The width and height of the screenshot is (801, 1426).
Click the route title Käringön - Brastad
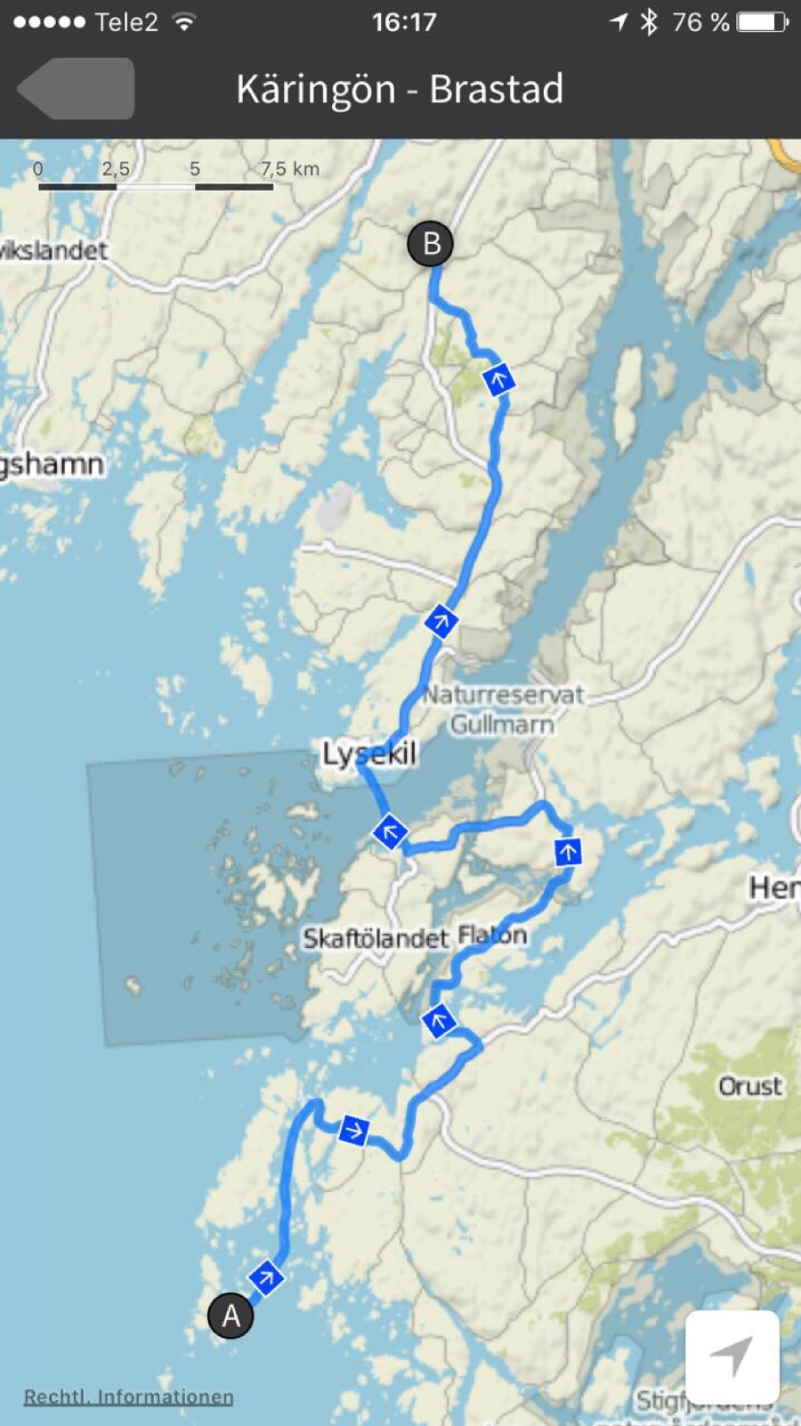[x=400, y=89]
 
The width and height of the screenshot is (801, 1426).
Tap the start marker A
[x=231, y=1315]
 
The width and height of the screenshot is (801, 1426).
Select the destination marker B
[x=431, y=243]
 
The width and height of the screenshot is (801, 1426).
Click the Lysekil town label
[x=368, y=754]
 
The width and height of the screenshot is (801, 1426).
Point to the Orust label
[x=749, y=1086]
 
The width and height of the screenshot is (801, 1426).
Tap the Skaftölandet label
[x=375, y=938]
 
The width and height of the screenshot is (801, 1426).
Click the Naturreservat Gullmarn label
[x=503, y=709]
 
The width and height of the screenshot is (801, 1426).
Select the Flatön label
[x=492, y=936]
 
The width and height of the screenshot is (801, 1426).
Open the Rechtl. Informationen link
[x=128, y=1397]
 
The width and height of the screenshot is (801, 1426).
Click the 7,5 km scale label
[x=289, y=168]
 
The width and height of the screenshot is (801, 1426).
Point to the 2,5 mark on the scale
[x=115, y=168]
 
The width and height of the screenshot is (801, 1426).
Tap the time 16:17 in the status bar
[x=404, y=21]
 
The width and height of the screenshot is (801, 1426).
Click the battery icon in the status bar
[x=762, y=21]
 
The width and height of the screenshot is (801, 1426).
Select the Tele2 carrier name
[x=126, y=21]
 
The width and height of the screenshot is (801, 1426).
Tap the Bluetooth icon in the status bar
[x=649, y=21]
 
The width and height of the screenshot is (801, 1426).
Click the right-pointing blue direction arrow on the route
[x=353, y=1130]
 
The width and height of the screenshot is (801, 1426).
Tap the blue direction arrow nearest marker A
[x=265, y=1278]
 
